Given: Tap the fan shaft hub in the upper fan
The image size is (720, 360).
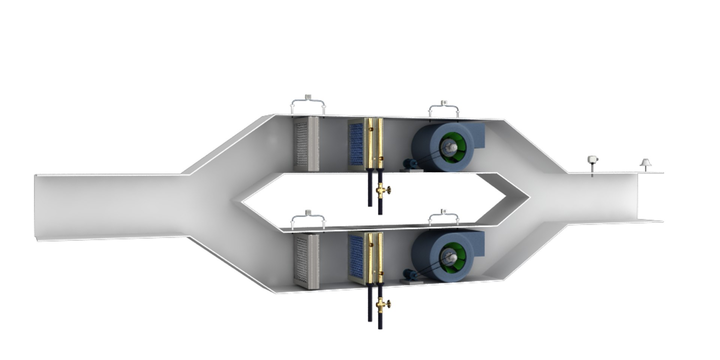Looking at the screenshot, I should click(x=450, y=148).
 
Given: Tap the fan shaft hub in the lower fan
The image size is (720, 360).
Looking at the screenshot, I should click(x=450, y=258).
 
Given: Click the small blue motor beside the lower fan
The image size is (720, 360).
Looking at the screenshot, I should click(x=409, y=274).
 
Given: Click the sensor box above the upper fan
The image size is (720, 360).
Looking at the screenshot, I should click(x=444, y=103).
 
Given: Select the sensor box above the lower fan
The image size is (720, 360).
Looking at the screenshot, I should click(x=444, y=212).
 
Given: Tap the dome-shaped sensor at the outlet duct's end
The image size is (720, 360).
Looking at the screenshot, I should click(x=646, y=163).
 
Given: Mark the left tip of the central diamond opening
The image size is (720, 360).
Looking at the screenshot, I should click(x=240, y=202).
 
